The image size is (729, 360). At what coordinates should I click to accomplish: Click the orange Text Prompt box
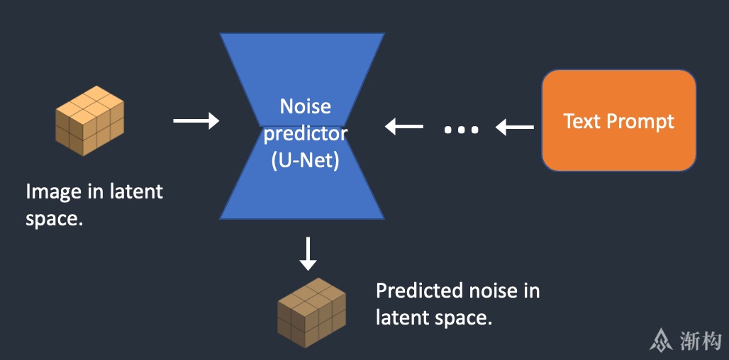(619, 120)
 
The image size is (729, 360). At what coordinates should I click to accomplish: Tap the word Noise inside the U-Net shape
(305, 106)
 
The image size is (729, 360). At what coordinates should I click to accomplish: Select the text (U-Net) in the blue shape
(305, 161)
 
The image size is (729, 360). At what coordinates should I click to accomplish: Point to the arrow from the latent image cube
(196, 120)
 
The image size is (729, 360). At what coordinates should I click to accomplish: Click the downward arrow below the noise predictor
(308, 254)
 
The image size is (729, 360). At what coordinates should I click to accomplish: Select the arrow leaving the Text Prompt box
(514, 127)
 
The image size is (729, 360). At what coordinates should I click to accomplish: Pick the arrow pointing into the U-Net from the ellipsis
(404, 126)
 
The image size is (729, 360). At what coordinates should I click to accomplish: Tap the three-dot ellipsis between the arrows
(461, 130)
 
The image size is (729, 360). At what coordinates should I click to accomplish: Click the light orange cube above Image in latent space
(90, 120)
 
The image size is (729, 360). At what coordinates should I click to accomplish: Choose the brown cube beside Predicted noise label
(311, 313)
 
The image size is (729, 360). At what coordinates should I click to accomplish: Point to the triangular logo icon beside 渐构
(661, 340)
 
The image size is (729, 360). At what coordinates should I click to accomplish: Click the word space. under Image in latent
(55, 219)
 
